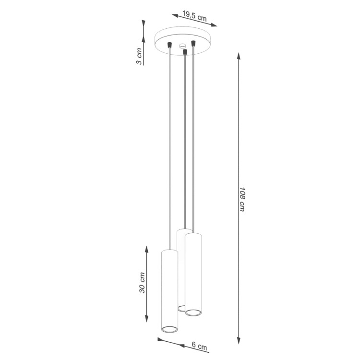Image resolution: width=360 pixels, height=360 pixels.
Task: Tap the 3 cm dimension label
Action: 139,57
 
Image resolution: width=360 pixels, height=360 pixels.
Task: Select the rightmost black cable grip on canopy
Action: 193,43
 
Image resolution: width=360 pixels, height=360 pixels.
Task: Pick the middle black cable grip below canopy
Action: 184,51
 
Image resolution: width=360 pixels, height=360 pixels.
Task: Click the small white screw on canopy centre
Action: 181,46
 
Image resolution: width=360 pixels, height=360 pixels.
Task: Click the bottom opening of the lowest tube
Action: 169,329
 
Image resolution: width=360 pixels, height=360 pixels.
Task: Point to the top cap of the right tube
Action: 193,235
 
